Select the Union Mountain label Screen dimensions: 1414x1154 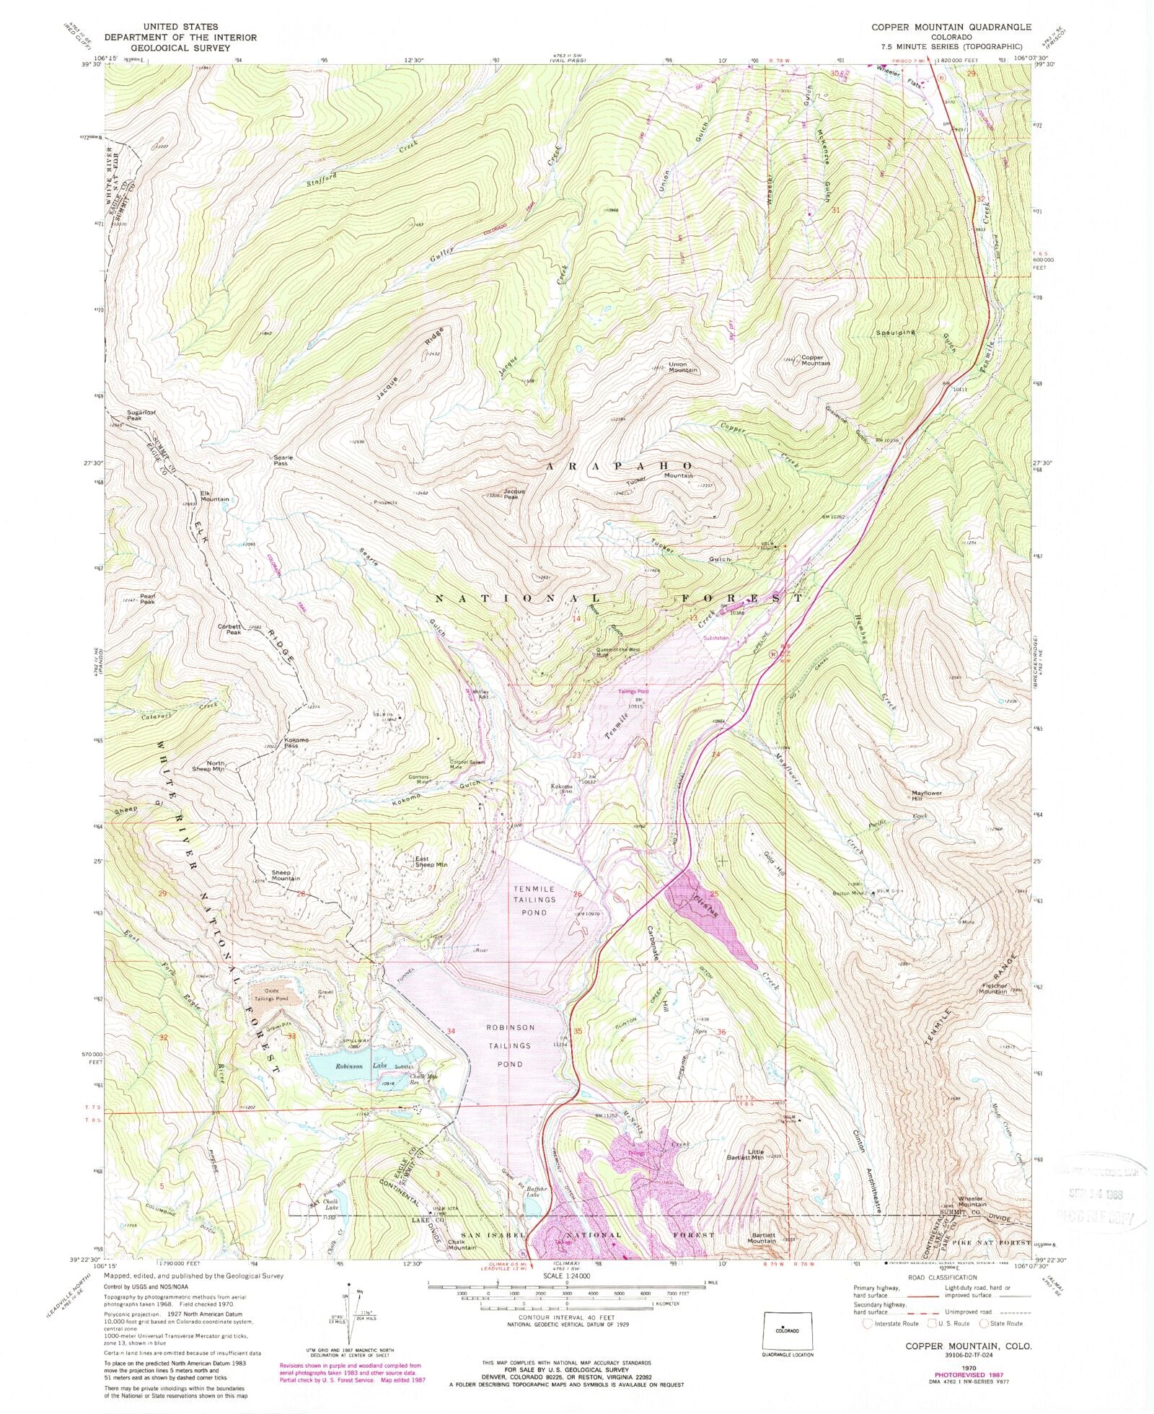click(683, 366)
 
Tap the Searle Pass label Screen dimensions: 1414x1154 click(281, 460)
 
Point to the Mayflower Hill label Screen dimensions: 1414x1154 click(927, 796)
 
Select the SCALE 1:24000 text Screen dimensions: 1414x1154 click(566, 1272)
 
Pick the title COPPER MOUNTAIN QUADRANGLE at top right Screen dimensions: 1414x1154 click(951, 27)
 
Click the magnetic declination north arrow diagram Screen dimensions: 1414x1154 click(350, 1307)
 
